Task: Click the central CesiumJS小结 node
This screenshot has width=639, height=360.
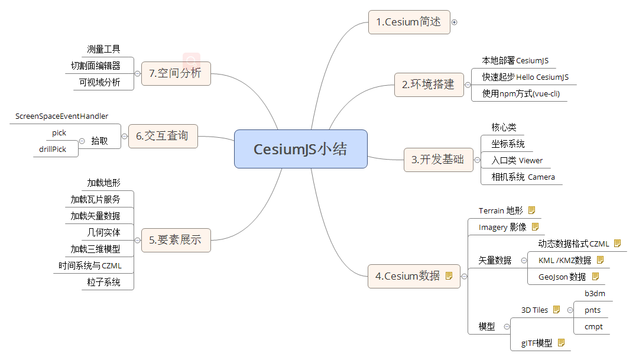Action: [300, 149]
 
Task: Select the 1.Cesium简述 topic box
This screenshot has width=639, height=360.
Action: [408, 22]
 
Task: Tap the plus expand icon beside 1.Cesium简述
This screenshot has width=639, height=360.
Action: [455, 22]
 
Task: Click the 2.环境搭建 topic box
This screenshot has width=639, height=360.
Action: [429, 85]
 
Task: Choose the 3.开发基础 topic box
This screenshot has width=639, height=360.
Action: [438, 160]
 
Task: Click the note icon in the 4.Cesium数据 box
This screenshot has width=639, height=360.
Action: [449, 275]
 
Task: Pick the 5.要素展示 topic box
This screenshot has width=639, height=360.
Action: [176, 240]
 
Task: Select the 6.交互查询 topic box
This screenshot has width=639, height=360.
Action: [162, 136]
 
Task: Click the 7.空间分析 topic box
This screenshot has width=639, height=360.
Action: [176, 73]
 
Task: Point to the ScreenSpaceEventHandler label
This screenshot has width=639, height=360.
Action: [62, 116]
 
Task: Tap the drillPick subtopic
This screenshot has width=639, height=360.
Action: [53, 150]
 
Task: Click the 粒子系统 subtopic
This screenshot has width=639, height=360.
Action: [103, 283]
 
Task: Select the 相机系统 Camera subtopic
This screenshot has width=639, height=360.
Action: [523, 177]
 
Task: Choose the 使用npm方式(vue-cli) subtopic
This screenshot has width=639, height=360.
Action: [521, 93]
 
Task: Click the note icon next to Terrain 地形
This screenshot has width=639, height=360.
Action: [531, 210]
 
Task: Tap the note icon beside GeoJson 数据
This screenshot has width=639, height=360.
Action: [595, 276]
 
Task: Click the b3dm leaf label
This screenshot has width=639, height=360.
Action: [595, 294]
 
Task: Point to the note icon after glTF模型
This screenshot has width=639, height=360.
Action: [561, 342]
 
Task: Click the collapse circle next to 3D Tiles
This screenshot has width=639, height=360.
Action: [569, 310]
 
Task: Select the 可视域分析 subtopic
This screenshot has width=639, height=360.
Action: [100, 83]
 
